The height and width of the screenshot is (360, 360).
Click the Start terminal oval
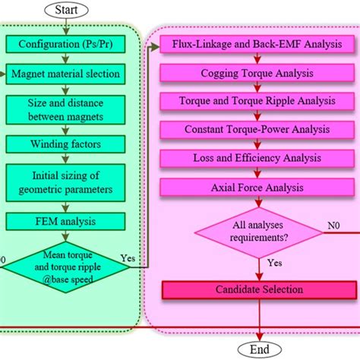click(x=67, y=11)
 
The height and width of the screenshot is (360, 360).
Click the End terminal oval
click(x=261, y=349)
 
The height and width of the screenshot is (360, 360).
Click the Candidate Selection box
click(x=258, y=289)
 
